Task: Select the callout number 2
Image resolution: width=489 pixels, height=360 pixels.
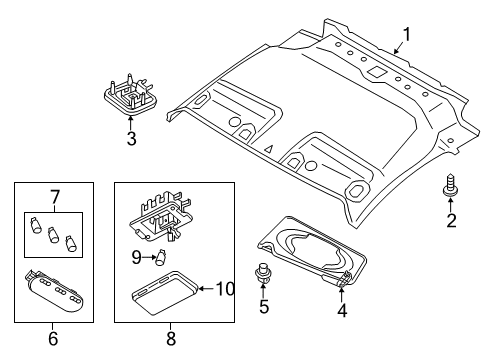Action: [x=450, y=220]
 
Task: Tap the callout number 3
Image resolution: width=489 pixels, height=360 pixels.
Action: [x=130, y=139]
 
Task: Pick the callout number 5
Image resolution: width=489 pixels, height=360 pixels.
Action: [x=264, y=307]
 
